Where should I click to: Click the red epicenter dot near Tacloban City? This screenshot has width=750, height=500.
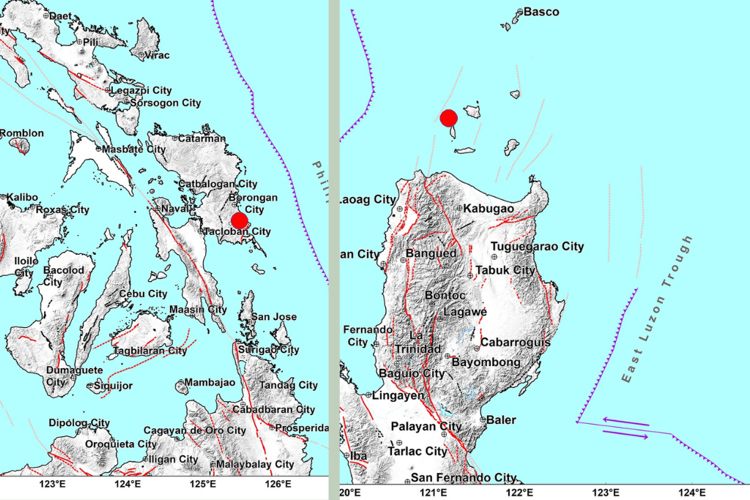pyautogui.click(x=240, y=220)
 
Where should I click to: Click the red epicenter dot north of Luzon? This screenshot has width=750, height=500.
pyautogui.click(x=449, y=117)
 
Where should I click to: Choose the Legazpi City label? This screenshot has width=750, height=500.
pyautogui.click(x=141, y=90)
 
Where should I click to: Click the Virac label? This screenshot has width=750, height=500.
pyautogui.click(x=157, y=55)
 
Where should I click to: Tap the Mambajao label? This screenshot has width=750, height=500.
pyautogui.click(x=209, y=382)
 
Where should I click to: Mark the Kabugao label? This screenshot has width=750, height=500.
pyautogui.click(x=489, y=209)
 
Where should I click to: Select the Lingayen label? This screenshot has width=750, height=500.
pyautogui.click(x=399, y=395)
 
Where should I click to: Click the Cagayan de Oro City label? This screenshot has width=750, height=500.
pyautogui.click(x=194, y=430)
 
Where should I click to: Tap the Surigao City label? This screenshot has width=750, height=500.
pyautogui.click(x=275, y=350)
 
